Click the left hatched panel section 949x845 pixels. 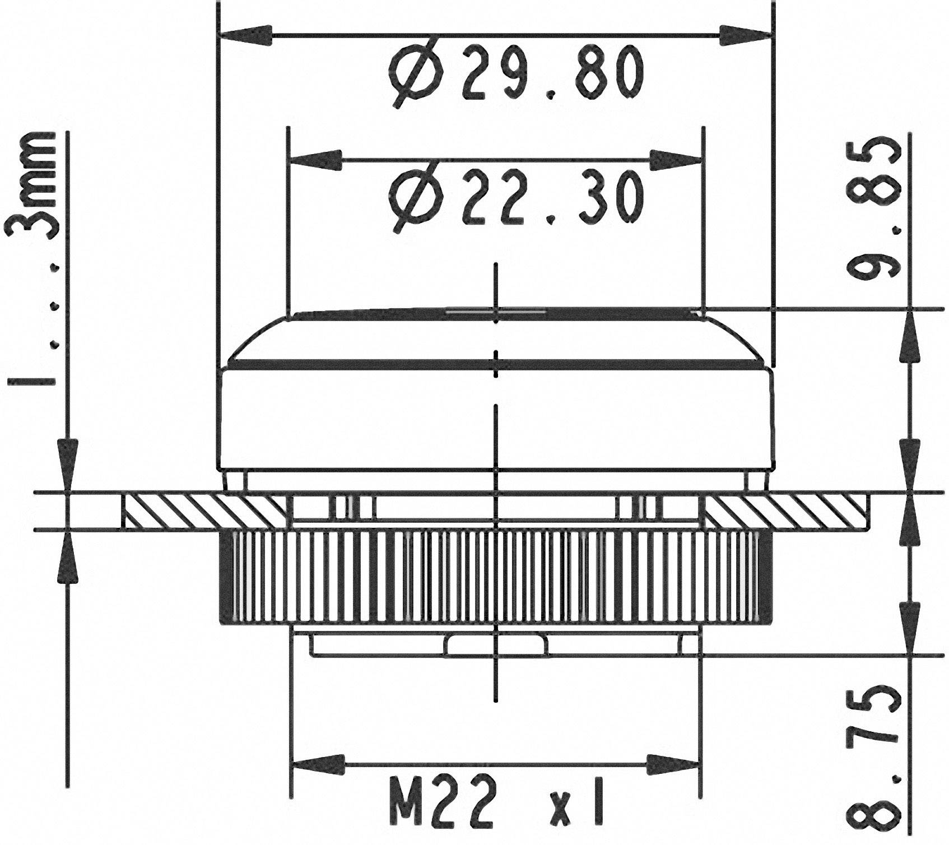pyautogui.click(x=205, y=511)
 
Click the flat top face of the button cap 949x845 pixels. pyautogui.click(x=495, y=312)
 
